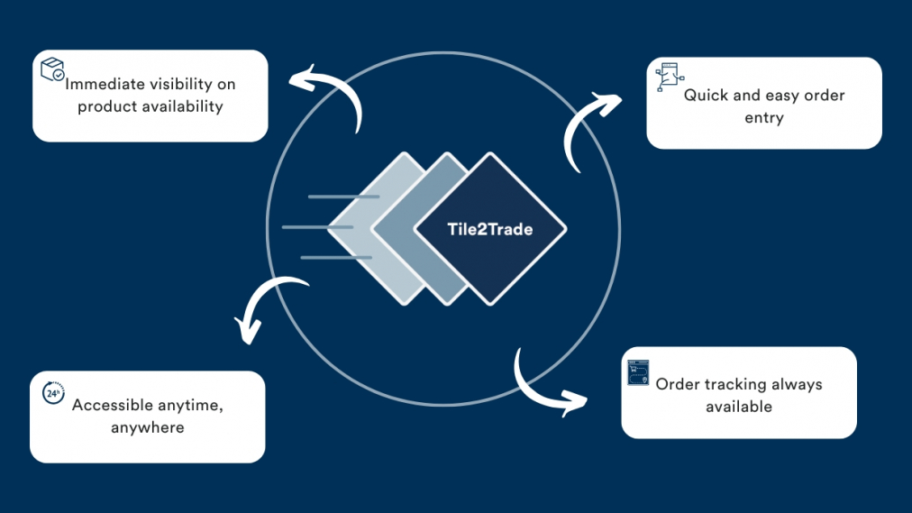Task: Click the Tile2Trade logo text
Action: [x=489, y=229]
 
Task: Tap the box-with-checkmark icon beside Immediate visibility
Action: [x=52, y=69]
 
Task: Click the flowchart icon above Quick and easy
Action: [x=667, y=77]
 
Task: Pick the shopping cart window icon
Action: [x=639, y=372]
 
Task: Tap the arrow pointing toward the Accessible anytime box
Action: [x=266, y=307]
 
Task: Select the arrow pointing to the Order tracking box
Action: [x=546, y=387]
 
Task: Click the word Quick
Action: [x=704, y=95]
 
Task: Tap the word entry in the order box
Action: [x=763, y=117]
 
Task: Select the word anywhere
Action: [x=147, y=426]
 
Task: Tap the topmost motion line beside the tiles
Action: [x=342, y=196]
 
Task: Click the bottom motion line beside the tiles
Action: [x=335, y=258]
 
